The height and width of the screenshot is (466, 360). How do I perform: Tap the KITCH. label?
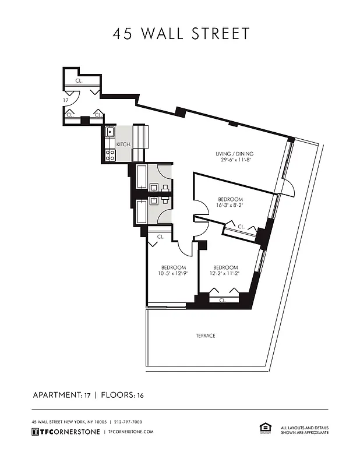coord(123,144)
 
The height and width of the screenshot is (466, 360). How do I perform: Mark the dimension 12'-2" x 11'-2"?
coord(225,274)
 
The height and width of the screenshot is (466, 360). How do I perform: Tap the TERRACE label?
coord(206,336)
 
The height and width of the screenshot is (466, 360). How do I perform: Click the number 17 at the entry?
coord(66,100)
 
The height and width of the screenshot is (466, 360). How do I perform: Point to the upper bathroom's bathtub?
coord(142,176)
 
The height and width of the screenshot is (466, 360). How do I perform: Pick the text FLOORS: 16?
coord(122,395)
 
